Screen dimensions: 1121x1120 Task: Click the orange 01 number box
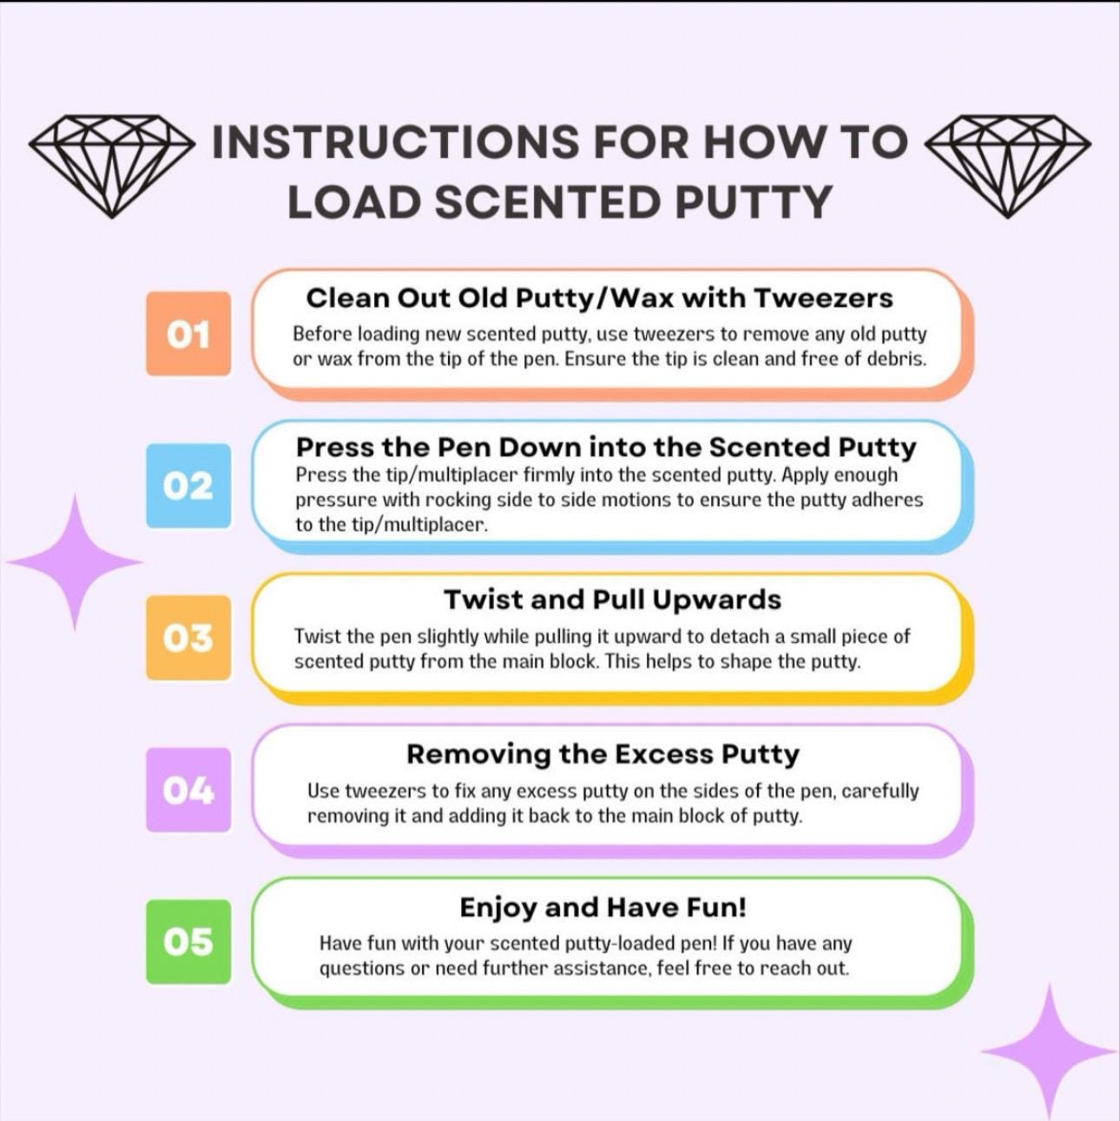(x=188, y=334)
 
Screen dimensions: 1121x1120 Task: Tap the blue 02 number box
(x=188, y=486)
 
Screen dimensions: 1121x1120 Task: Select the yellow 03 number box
(x=188, y=638)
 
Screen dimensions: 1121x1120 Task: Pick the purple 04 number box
(x=188, y=790)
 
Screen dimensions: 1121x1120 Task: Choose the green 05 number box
(x=188, y=941)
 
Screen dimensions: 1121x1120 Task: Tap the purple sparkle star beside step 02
(x=76, y=562)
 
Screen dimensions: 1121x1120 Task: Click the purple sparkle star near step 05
(x=1049, y=1051)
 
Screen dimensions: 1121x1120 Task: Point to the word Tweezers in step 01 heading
(x=823, y=298)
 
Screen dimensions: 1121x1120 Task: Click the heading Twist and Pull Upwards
(x=612, y=600)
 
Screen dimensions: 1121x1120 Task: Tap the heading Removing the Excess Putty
(x=603, y=754)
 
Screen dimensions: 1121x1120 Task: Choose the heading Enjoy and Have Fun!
(x=603, y=908)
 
